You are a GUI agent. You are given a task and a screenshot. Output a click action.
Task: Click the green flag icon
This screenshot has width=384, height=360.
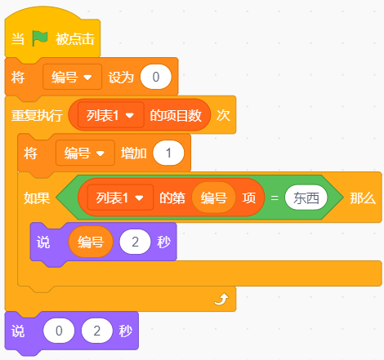pos(40,38)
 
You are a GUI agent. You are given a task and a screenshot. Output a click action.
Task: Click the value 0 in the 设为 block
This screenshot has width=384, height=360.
pos(156,77)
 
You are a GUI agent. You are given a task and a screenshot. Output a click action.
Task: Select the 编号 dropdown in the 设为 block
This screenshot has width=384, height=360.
pos(72,77)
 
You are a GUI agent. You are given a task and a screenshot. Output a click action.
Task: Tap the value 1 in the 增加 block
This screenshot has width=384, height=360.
pos(168,153)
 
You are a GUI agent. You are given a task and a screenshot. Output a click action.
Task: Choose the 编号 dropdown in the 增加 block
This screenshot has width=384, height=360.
pos(85,153)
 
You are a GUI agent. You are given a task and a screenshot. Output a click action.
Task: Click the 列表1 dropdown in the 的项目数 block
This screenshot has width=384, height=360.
pos(111,115)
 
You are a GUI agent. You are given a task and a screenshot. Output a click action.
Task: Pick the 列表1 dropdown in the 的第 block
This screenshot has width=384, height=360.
pos(120,198)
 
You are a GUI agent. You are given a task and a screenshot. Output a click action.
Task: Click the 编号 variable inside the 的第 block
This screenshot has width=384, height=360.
pos(214,198)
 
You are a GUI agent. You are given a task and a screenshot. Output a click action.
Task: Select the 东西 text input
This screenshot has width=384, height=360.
pos(306,198)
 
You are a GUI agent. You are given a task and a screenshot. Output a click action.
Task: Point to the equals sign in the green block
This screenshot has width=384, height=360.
pos(275,198)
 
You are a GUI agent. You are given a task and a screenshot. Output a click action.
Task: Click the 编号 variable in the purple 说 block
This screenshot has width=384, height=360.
pos(91,242)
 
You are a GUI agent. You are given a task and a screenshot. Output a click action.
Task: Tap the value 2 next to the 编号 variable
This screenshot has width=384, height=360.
pos(135,242)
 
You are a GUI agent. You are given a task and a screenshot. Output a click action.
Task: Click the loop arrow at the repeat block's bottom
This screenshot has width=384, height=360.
pos(221,299)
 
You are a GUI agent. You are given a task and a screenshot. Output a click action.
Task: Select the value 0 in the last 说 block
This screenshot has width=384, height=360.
pos(59,331)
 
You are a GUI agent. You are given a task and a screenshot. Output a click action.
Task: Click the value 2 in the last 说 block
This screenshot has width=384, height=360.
pos(97,331)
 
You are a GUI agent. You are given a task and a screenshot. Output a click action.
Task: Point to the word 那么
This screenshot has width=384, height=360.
pos(363,198)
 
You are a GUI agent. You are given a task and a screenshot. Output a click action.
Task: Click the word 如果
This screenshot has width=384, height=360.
pos(37,198)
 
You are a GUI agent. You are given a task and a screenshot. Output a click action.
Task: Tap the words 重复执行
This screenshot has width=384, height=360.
pos(37,115)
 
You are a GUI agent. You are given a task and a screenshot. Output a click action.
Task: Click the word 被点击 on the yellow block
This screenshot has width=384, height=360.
pos(75,38)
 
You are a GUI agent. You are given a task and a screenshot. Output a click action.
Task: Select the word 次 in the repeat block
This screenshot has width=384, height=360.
pos(223,115)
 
